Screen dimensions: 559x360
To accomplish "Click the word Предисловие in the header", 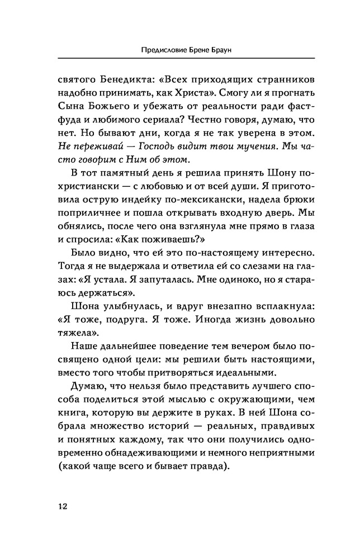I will (x=162, y=50).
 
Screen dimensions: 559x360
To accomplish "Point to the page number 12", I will (x=62, y=506).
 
